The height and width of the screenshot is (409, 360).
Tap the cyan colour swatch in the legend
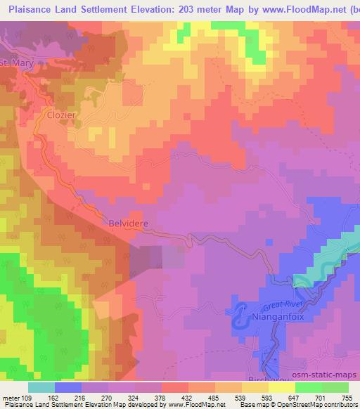point(41,387)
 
